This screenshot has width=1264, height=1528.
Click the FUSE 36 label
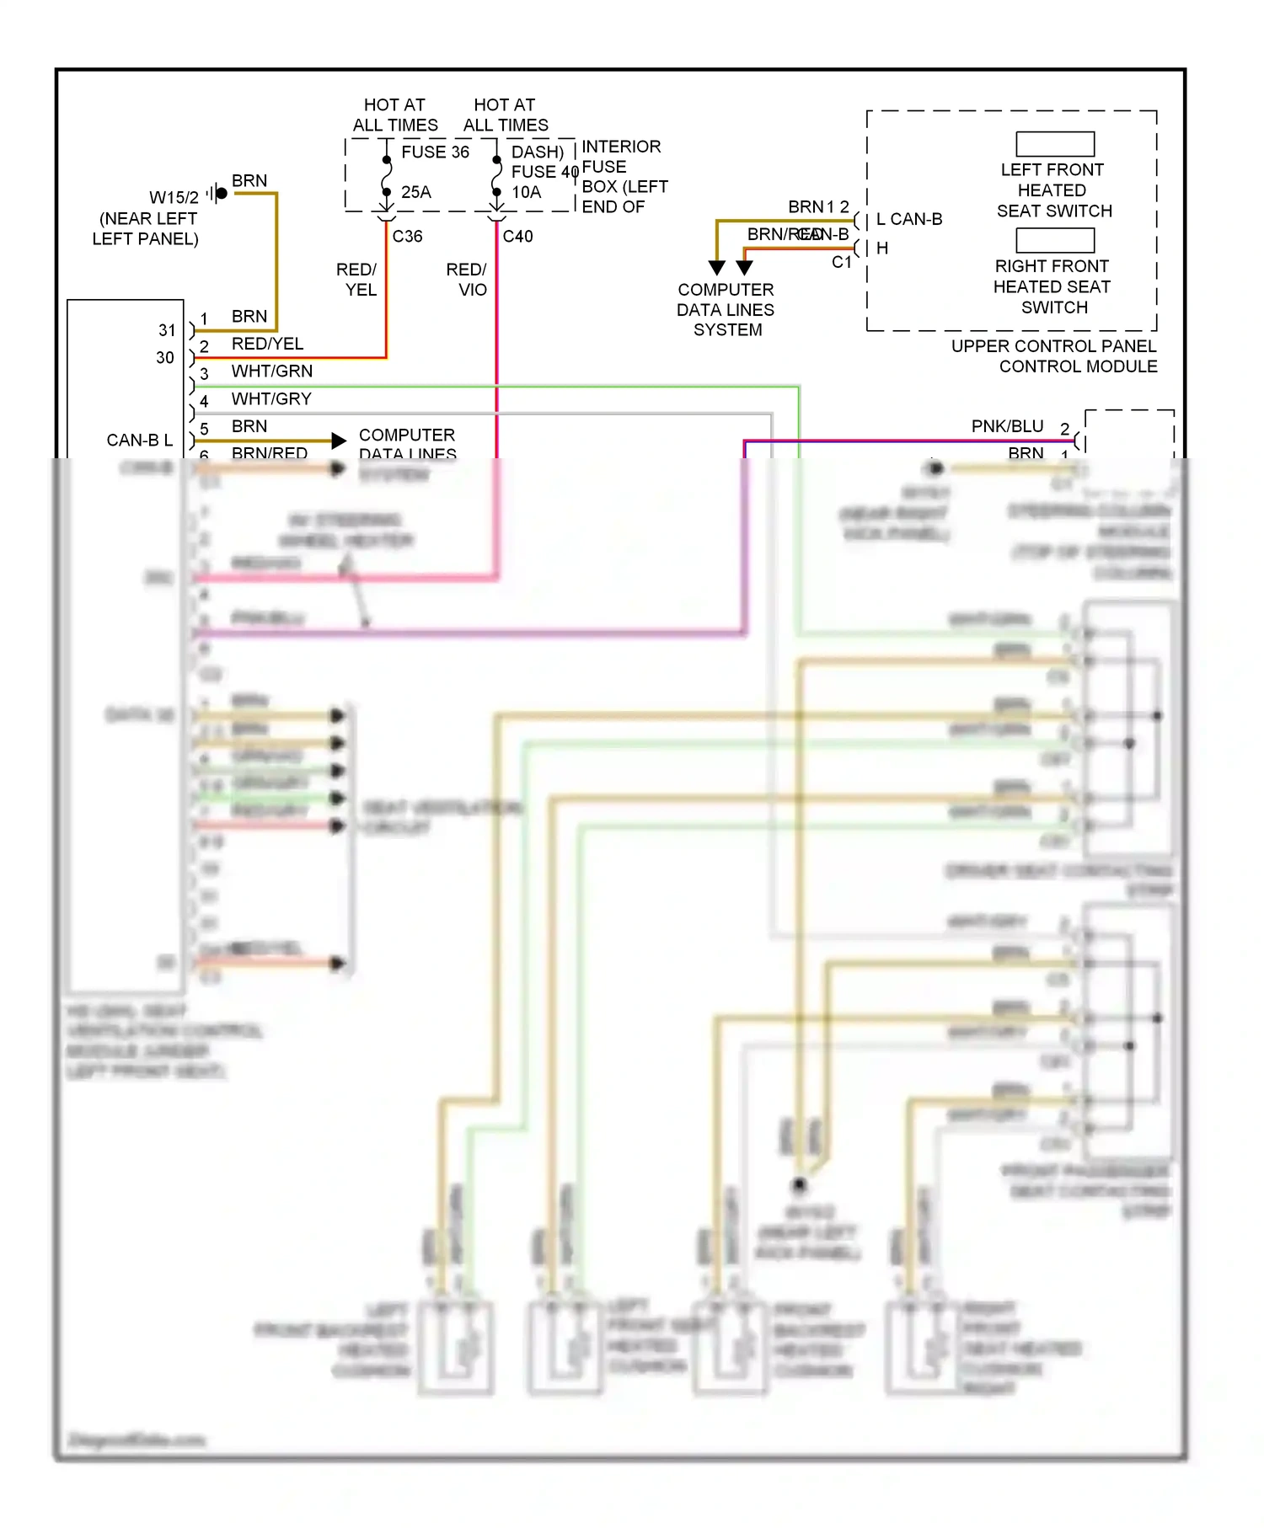[x=435, y=152]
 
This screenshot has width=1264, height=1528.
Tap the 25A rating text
[x=416, y=192]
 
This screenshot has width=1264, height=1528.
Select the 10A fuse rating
[x=527, y=192]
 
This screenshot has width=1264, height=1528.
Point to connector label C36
[x=408, y=237]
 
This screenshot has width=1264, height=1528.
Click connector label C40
[x=518, y=237]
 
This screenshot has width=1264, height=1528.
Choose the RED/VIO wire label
[x=467, y=280]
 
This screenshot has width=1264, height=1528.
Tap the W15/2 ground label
[x=174, y=198]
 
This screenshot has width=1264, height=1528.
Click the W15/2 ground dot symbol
[x=222, y=194]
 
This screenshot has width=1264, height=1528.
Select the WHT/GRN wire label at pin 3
[x=272, y=371]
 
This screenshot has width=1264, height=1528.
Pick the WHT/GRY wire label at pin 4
[x=271, y=399]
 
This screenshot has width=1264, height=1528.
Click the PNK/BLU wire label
[x=1007, y=427]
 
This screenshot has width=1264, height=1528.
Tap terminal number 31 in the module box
[x=167, y=330]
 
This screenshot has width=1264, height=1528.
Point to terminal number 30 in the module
[x=165, y=358]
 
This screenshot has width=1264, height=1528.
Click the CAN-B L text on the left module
[x=140, y=441]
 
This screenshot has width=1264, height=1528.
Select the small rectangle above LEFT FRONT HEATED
[x=1055, y=144]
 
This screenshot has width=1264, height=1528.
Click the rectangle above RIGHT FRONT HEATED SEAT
[x=1055, y=240]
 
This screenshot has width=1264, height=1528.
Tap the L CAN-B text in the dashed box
[x=909, y=220]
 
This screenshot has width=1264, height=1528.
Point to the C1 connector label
[x=842, y=263]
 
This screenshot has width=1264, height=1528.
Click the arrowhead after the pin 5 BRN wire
[x=339, y=441]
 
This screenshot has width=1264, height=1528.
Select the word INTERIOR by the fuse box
[x=622, y=147]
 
